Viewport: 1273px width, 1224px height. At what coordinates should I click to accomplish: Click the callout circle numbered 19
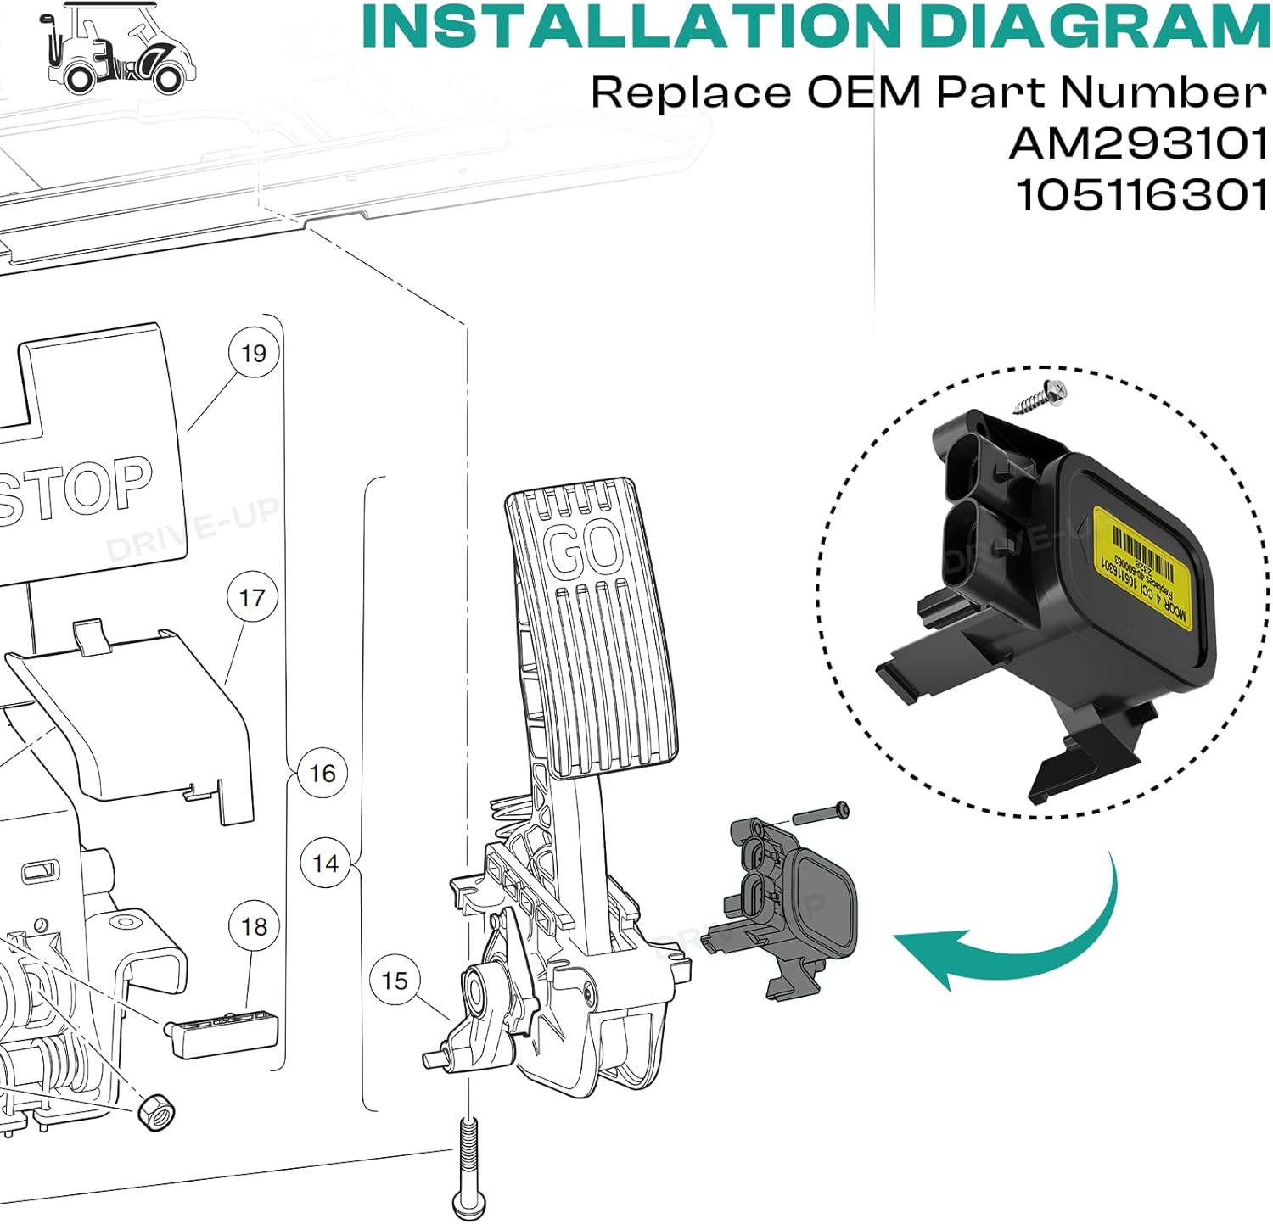point(254,353)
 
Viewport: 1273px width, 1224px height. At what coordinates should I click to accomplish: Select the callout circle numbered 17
point(252,598)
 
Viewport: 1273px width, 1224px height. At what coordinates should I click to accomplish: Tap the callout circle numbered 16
point(322,773)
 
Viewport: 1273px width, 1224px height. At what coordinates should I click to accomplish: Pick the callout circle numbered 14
point(325,864)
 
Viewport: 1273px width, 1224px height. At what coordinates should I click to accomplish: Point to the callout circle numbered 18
point(254,926)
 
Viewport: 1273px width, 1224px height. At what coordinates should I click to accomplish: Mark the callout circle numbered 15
point(395,981)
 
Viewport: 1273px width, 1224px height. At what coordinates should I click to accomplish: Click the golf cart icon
point(118,48)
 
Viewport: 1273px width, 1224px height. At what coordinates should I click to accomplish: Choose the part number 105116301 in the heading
point(1142,196)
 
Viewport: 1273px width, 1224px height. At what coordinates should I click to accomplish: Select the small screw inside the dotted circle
point(1040,396)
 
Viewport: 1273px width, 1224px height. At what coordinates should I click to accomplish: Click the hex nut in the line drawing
point(156,1110)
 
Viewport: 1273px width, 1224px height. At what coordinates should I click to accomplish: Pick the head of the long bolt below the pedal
point(466,1203)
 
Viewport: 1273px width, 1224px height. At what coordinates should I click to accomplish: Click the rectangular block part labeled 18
point(222,1033)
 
